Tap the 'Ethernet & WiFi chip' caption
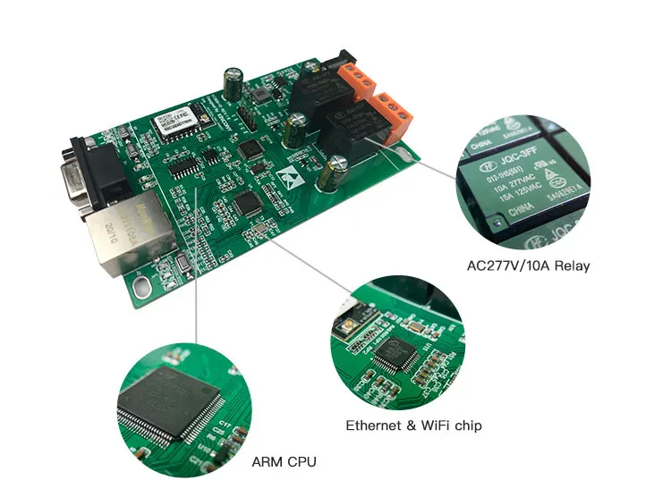click(x=413, y=425)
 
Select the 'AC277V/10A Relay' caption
click(x=529, y=265)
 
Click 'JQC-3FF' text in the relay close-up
click(x=517, y=162)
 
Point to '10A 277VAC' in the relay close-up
click(x=514, y=189)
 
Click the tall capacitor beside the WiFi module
click(x=234, y=83)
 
